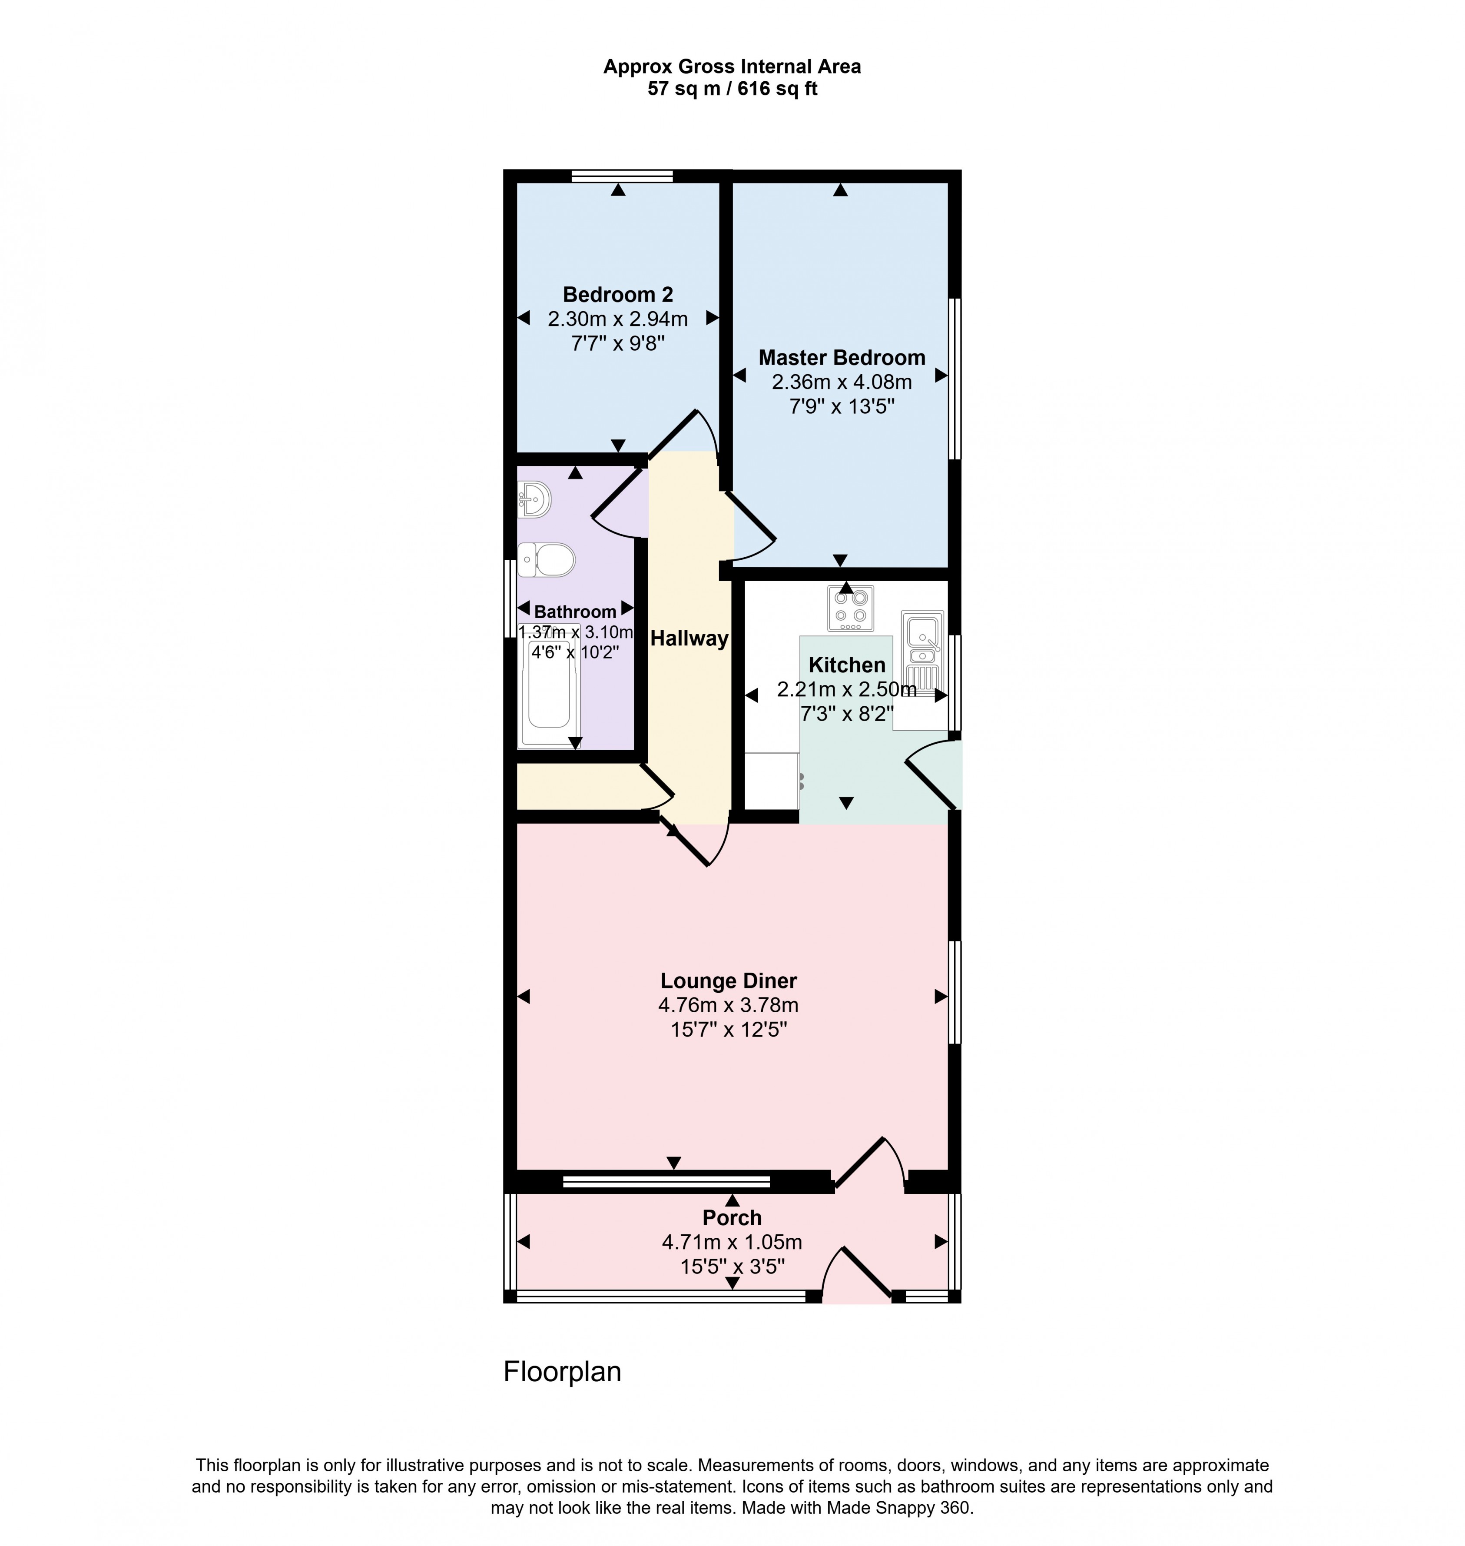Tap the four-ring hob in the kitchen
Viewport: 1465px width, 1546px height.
[850, 608]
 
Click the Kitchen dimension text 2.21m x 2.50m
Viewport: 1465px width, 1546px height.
[846, 689]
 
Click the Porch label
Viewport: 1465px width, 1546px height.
[732, 1217]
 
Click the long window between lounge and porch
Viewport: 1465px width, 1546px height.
[666, 1181]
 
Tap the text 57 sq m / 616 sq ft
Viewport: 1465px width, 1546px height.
[732, 89]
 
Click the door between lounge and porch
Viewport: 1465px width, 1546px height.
[868, 1164]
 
